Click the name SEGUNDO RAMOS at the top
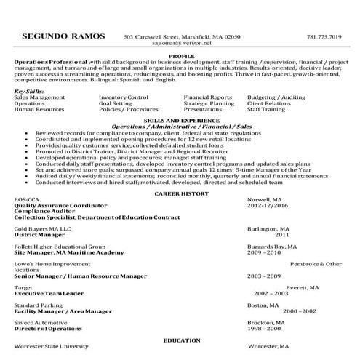[63, 36]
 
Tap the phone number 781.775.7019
[324, 36]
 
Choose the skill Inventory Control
[124, 97]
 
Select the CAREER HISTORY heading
[181, 193]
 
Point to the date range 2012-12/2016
[268, 206]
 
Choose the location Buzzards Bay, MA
[271, 246]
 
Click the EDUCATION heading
[181, 340]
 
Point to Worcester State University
[51, 348]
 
